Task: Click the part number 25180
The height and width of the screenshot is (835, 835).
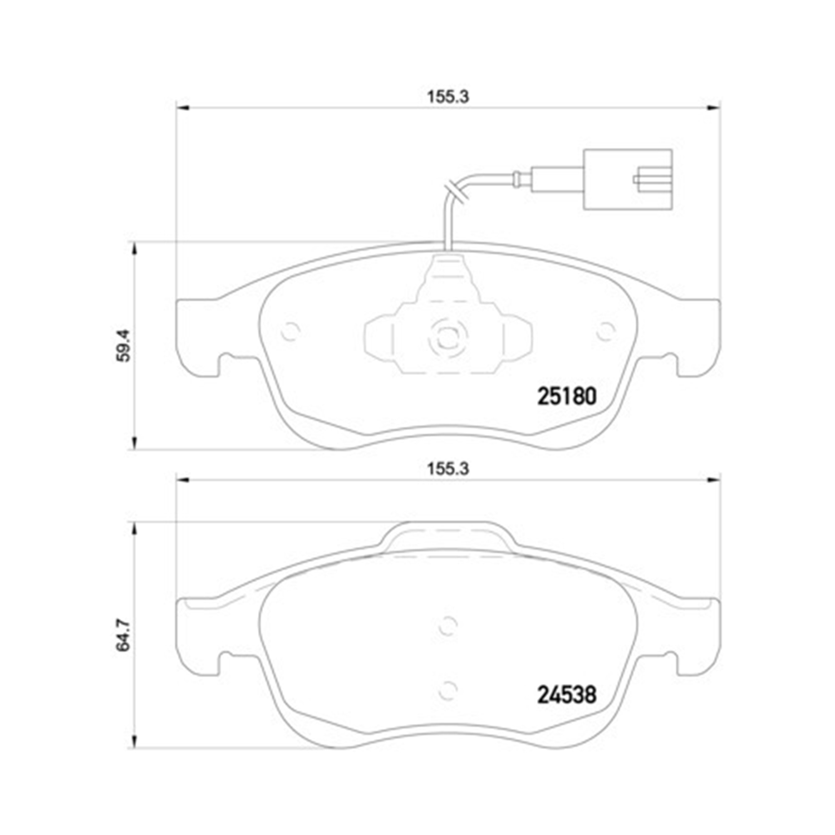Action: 566,396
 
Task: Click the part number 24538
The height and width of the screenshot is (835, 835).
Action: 566,694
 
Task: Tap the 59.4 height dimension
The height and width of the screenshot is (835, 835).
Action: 124,345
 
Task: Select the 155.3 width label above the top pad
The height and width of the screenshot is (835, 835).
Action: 448,97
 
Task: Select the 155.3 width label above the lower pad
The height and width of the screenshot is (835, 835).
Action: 448,469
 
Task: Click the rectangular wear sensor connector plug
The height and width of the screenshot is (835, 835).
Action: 627,179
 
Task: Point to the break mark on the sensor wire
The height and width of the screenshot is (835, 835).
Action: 455,192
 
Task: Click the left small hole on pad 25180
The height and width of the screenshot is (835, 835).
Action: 290,332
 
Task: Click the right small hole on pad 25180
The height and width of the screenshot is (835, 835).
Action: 605,332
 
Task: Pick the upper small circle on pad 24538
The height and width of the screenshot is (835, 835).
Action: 448,626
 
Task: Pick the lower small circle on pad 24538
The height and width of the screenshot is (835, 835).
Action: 448,691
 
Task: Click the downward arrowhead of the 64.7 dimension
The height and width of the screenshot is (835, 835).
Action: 133,741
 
